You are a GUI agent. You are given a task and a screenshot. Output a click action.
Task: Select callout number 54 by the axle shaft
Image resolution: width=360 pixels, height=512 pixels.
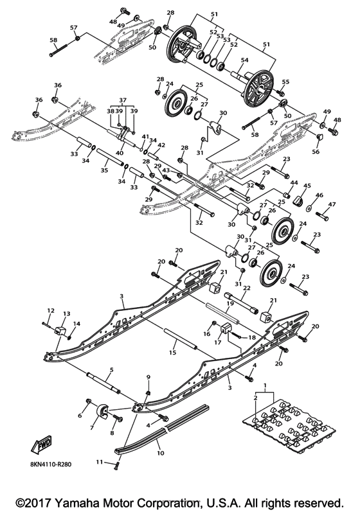tap(243, 60)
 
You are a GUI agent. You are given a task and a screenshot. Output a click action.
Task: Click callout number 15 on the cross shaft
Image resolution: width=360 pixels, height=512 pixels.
tap(172, 353)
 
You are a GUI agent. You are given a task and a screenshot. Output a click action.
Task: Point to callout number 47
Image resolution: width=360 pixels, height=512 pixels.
tap(332, 204)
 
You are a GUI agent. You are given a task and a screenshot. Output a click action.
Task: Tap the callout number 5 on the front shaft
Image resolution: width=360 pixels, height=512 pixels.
tap(111, 370)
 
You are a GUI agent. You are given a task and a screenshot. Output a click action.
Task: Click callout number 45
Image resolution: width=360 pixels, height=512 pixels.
tap(307, 186)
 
